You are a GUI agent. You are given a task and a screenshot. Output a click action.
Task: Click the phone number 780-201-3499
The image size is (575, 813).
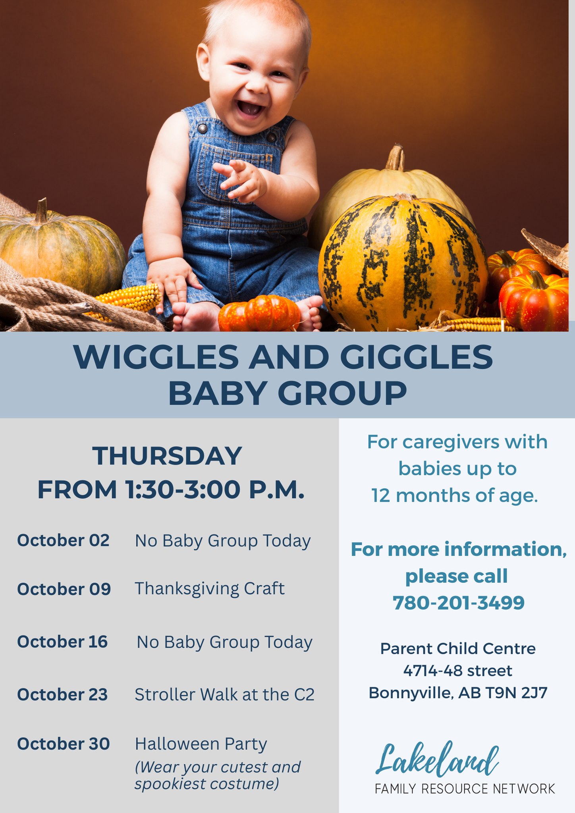[459, 603]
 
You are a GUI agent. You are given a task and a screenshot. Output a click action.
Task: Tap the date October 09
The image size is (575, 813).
[64, 589]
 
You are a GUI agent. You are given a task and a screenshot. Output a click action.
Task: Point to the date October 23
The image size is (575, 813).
[62, 695]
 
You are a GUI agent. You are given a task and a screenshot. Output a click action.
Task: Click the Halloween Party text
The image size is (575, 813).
[201, 744]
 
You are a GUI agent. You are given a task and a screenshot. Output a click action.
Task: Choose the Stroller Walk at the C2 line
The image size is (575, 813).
[225, 695]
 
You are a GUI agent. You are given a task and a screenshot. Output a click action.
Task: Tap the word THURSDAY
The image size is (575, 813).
[167, 456]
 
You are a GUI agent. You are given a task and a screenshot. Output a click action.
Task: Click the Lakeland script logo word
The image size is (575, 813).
[437, 760]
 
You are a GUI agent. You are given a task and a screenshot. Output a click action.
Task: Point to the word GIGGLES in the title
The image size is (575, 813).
[417, 357]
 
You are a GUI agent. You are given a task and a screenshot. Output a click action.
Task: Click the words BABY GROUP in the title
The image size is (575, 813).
[287, 393]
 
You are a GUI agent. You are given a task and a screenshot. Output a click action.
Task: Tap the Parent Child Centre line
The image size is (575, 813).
[458, 649]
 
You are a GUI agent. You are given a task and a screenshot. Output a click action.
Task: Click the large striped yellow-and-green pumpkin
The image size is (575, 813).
[403, 262]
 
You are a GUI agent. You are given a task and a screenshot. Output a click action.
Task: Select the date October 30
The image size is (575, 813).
[64, 744]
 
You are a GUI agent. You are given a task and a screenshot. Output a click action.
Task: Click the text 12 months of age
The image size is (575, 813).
[455, 496]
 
